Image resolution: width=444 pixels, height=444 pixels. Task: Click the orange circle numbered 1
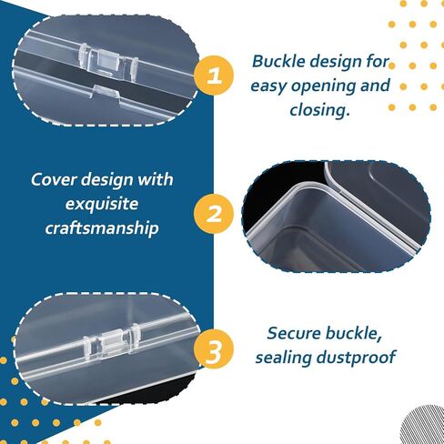[214, 76]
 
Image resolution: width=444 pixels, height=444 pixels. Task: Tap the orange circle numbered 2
[214, 214]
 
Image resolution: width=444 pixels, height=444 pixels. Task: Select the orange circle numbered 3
[214, 349]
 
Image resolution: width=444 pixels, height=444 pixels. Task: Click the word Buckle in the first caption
[278, 61]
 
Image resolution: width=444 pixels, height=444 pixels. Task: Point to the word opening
[324, 86]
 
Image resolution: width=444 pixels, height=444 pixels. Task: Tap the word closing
[319, 109]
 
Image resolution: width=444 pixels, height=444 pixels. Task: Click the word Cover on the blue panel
[54, 179]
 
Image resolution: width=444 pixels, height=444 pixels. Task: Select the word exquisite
[102, 204]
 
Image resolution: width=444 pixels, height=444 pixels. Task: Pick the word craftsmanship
[102, 227]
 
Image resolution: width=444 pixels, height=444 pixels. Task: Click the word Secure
[294, 333]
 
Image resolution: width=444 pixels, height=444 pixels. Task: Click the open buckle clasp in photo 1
[108, 60]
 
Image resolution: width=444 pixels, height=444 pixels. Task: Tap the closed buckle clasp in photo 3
[111, 342]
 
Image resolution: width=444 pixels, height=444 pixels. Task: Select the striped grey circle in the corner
[423, 425]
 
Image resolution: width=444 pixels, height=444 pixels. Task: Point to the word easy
[268, 86]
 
